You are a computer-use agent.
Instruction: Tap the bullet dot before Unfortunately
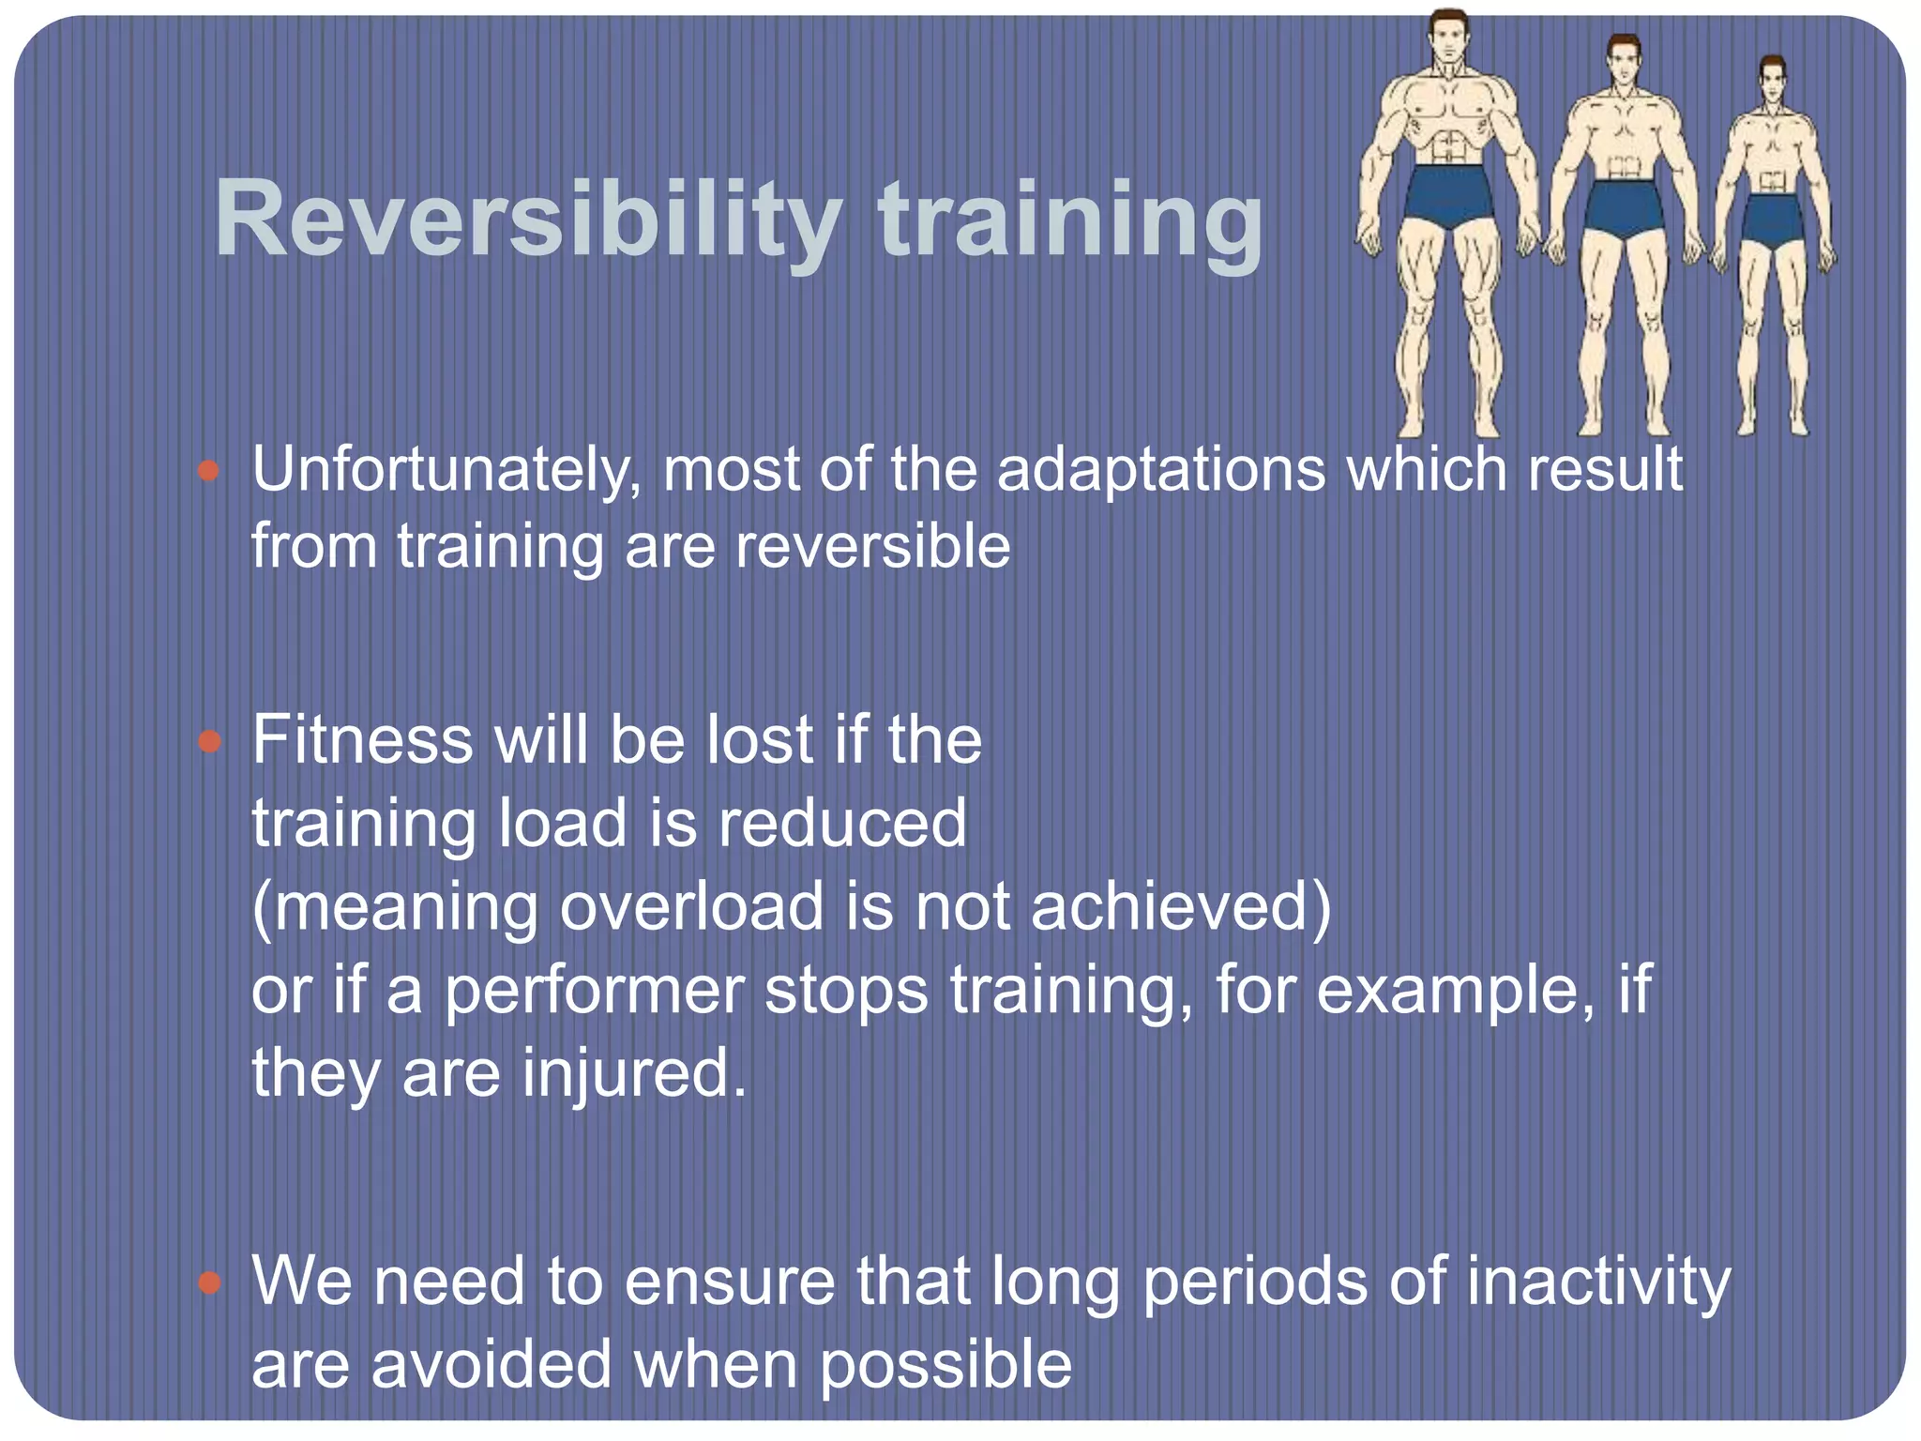[209, 471]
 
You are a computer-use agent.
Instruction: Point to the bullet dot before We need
[209, 1283]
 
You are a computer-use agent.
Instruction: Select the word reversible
[872, 546]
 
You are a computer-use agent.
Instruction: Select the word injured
[634, 1074]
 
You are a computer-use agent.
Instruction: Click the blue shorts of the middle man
[1624, 208]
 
